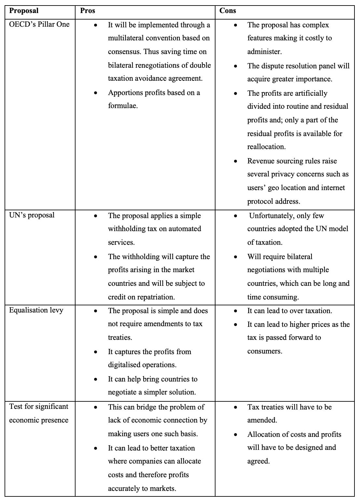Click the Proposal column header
24,11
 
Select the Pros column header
88,11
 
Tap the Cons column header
228,11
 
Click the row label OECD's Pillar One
39,24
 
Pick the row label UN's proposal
32,215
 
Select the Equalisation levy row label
36,310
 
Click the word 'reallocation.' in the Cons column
266,147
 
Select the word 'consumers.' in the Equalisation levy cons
265,351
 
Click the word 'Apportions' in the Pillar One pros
124,93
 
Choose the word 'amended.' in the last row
262,420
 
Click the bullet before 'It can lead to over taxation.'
235,311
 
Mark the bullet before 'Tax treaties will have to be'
235,408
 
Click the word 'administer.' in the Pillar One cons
264,52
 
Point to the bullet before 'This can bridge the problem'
95,408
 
